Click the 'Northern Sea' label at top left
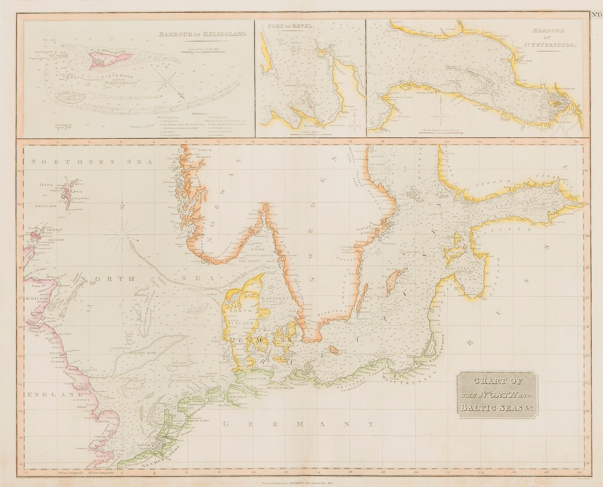point(92,162)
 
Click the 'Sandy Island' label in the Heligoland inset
point(71,94)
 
